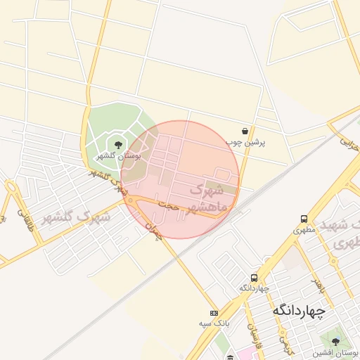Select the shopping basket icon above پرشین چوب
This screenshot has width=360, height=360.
[244, 131]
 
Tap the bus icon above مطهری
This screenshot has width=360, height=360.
[304, 219]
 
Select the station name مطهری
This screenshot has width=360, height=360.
[304, 229]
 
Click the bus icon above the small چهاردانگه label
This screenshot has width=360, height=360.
[255, 278]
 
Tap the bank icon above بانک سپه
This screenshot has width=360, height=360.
[214, 313]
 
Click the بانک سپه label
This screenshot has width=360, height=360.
[214, 323]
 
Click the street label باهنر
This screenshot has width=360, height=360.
[317, 284]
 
